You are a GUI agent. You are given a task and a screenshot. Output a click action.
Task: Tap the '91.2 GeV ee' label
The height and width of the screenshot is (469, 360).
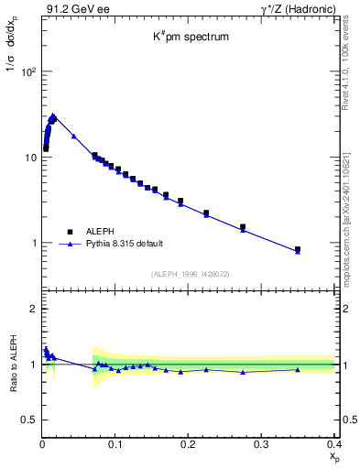(70, 8)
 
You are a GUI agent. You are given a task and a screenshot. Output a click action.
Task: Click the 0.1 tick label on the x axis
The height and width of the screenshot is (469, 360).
(115, 444)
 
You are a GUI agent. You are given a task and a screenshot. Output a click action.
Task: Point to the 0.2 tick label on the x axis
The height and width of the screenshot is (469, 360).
(189, 444)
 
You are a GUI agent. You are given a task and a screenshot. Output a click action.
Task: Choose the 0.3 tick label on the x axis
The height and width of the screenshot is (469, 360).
(261, 444)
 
